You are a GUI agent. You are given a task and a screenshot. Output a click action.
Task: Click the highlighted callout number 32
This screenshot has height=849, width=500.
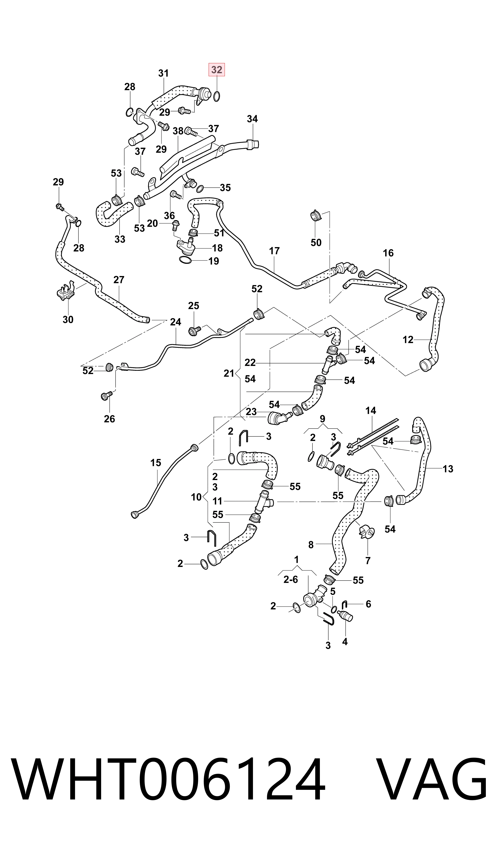[217, 70]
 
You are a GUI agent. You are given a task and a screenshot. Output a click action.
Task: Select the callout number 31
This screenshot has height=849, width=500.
[163, 73]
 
